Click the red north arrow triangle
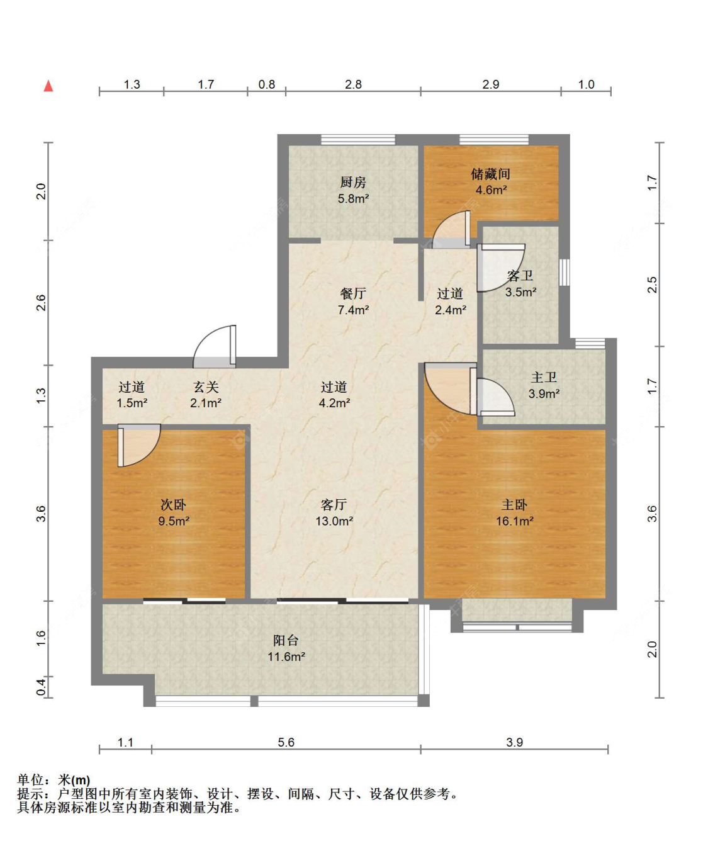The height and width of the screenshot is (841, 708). [48, 86]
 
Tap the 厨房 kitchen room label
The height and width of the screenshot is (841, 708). [353, 183]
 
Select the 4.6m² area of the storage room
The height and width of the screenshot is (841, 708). [491, 190]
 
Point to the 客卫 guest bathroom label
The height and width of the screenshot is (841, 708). [520, 276]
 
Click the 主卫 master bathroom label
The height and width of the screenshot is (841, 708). [544, 378]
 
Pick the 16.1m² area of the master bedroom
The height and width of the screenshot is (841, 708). [515, 521]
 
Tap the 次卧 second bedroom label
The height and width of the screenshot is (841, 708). [173, 505]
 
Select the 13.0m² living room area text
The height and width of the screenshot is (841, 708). [334, 521]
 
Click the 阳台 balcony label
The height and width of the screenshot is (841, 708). [286, 640]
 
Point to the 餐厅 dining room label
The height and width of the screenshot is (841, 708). [353, 293]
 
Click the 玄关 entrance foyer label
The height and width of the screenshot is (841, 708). [206, 387]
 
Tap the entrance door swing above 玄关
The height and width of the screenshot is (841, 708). [215, 346]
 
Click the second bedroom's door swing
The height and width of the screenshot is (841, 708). [139, 445]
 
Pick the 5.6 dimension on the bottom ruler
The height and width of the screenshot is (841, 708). [286, 742]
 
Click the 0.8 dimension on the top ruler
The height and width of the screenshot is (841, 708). [267, 84]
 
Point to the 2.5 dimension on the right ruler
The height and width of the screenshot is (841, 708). [652, 285]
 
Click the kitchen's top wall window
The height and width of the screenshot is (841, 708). [358, 139]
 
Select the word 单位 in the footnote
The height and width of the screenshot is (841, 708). [30, 780]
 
